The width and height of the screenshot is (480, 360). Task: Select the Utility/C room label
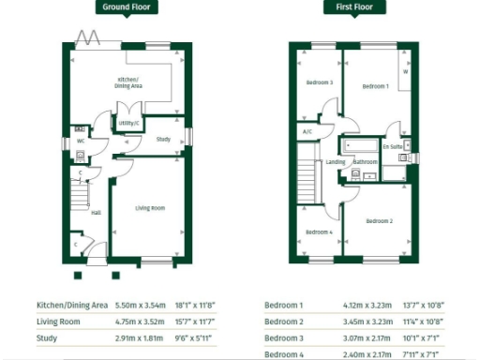point(129,123)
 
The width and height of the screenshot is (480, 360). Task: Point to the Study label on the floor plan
point(163,139)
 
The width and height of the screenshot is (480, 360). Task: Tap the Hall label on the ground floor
point(96,212)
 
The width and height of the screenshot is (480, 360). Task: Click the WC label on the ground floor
point(82,142)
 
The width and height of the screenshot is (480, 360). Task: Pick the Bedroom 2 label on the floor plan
point(379,220)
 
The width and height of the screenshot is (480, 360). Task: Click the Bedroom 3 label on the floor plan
point(320,82)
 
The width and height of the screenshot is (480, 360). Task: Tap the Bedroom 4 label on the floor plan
point(319,232)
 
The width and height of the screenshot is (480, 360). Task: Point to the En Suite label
point(394,147)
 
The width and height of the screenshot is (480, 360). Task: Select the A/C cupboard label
point(307,131)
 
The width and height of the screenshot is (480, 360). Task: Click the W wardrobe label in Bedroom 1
point(406,71)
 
